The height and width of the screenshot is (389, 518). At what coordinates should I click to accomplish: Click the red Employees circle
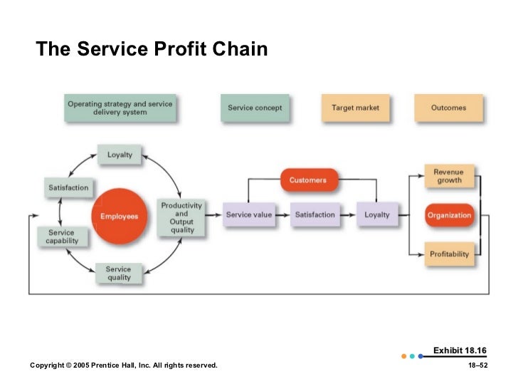119,216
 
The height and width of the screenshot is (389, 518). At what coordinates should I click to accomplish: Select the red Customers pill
308,180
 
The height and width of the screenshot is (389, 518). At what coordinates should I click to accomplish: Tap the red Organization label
449,215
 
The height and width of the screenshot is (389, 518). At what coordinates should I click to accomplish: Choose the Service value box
248,214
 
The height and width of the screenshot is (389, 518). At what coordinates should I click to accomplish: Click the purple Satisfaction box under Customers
314,214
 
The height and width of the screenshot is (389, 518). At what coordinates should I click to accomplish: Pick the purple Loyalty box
376,214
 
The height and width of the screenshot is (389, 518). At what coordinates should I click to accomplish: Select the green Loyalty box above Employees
119,155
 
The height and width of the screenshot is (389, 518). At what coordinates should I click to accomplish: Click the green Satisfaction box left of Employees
68,188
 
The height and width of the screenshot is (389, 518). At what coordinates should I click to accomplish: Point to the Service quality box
119,274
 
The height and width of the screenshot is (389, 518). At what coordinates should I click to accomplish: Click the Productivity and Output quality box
181,217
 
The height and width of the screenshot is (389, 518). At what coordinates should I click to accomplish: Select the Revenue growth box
449,176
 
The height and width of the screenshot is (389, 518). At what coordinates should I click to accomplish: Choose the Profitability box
449,254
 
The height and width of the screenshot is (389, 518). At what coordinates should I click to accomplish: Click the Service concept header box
255,108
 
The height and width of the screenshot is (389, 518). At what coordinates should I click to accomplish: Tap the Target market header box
355,108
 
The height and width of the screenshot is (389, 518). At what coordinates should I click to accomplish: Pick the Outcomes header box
448,108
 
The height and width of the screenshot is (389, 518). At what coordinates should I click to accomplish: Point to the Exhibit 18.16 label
460,351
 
